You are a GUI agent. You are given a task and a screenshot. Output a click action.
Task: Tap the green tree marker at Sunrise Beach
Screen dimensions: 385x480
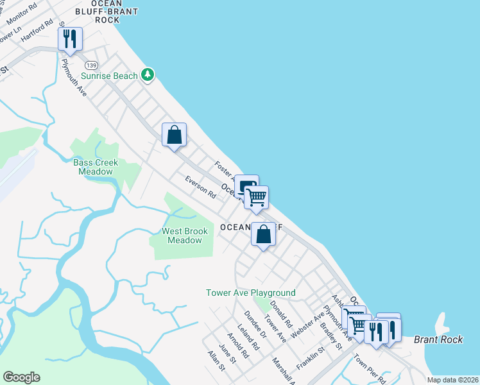[148, 75]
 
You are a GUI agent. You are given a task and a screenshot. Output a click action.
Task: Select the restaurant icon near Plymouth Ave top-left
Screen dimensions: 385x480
[70, 39]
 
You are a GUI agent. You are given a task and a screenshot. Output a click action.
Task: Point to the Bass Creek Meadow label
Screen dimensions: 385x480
[96, 167]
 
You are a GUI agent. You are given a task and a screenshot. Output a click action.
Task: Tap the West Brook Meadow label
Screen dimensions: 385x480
[184, 235]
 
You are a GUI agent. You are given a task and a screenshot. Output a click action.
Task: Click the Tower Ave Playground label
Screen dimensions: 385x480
[250, 293]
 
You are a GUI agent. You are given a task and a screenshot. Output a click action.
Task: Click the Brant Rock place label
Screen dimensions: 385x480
[438, 339]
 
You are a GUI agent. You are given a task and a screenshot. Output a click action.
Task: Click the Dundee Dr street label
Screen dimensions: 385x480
[255, 325]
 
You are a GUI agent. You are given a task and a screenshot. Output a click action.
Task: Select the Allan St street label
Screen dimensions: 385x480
[216, 361]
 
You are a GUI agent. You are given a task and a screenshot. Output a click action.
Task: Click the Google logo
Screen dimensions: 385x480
[21, 377]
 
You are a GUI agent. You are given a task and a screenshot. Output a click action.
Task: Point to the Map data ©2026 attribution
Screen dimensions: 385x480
[452, 380]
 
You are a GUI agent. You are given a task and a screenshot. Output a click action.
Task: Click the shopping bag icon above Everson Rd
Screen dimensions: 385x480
[174, 135]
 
